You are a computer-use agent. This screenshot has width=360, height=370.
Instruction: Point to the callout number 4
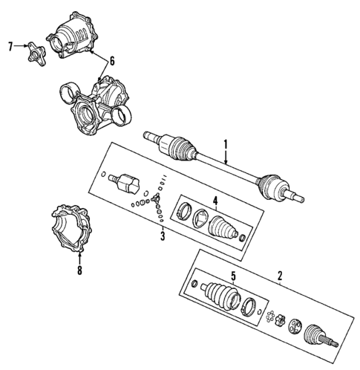213,199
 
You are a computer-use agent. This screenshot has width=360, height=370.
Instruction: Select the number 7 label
10,46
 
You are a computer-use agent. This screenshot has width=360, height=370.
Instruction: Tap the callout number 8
79,272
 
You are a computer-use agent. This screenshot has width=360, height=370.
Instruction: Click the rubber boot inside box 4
226,227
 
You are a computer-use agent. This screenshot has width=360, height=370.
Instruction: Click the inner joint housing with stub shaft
126,183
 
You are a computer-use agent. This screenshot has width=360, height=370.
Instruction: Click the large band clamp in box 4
183,209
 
